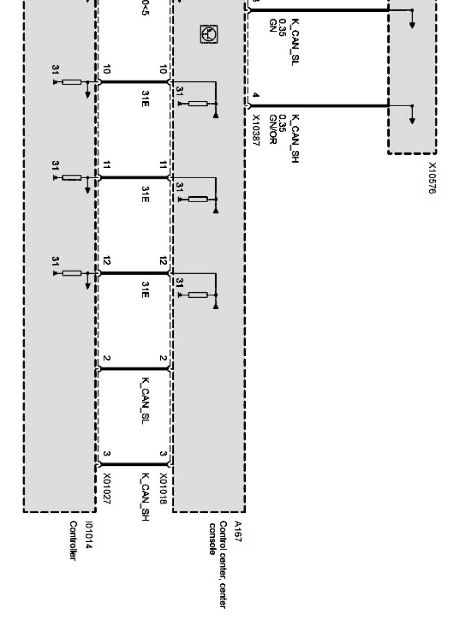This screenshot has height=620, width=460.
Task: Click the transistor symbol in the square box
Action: (210, 34)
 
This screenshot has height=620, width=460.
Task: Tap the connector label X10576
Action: (432, 178)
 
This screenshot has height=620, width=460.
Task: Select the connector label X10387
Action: (256, 131)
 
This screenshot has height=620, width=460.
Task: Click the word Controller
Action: (73, 541)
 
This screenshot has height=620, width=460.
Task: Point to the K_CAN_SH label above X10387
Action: (295, 138)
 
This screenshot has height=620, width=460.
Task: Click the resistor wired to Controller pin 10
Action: (72, 82)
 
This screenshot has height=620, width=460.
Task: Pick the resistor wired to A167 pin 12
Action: (198, 295)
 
